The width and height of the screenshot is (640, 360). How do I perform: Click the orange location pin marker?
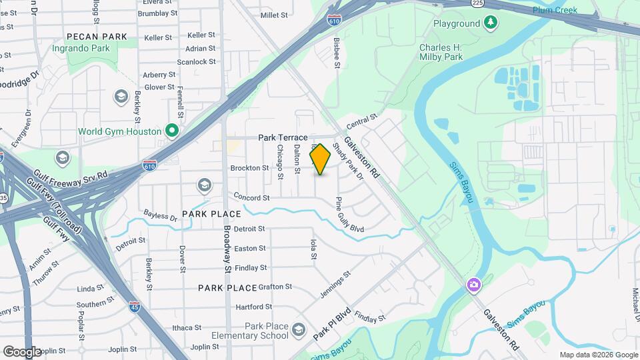[x=321, y=159]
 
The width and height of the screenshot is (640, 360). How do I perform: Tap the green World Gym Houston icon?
[x=171, y=131]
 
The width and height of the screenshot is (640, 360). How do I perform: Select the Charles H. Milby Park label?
[x=441, y=52]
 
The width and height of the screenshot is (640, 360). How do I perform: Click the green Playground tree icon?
[x=491, y=23]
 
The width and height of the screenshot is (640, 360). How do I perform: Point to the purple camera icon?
[x=474, y=286]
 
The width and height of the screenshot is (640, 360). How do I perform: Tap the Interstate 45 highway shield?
[x=135, y=307]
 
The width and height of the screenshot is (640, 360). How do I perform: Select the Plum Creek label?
[x=555, y=10]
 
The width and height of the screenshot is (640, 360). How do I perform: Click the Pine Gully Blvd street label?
[x=349, y=214]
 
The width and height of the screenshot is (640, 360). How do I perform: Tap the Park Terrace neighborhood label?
[x=283, y=137]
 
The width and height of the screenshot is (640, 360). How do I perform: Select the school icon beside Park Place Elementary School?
[x=299, y=329]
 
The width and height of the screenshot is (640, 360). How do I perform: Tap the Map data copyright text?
[x=598, y=355]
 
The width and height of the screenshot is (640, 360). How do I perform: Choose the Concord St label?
[x=251, y=198]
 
